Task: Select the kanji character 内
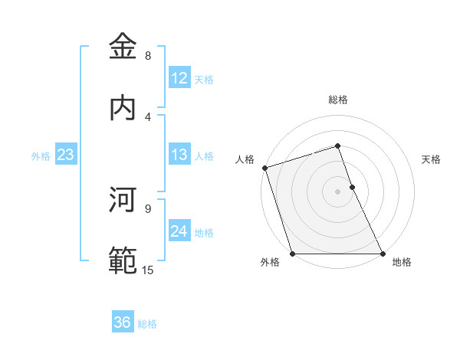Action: tap(123, 107)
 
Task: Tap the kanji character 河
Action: tap(123, 200)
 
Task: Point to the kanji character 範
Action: tap(123, 261)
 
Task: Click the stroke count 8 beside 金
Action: tap(148, 56)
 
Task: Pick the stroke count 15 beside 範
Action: tap(148, 270)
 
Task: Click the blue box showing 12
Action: tap(179, 77)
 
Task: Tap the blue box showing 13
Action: tap(179, 155)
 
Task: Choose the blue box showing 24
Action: tap(179, 231)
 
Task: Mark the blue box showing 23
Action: tap(66, 155)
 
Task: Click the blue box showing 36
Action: tap(123, 322)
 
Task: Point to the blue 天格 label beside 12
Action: tap(204, 80)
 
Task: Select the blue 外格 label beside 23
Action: tap(41, 156)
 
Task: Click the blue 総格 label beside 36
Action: tap(147, 324)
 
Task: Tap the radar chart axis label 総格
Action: tap(337, 100)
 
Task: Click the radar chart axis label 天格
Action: tap(432, 159)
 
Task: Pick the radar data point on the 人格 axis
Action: tap(264, 168)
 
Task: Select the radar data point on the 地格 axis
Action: tap(383, 254)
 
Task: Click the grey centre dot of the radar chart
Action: tap(337, 191)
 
